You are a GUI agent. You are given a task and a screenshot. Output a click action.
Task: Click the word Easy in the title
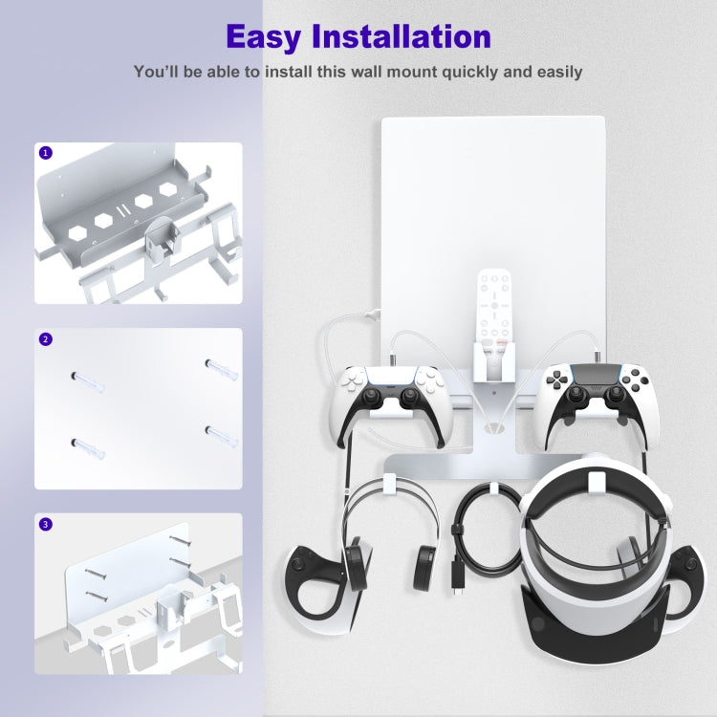click(x=271, y=36)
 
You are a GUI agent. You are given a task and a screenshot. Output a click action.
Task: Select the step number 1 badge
click(x=45, y=153)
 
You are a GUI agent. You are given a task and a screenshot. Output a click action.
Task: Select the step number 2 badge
click(x=45, y=338)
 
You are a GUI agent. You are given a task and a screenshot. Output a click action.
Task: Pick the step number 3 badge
click(x=45, y=524)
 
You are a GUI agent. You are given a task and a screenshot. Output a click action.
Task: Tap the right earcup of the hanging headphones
click(x=424, y=564)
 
